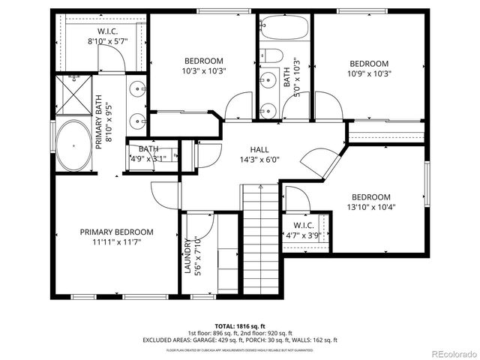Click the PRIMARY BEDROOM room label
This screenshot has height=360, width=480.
(116, 232)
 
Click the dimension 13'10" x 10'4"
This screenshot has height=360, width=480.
(370, 207)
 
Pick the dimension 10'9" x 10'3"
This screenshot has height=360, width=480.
(369, 73)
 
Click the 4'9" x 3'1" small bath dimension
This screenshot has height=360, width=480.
(149, 158)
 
